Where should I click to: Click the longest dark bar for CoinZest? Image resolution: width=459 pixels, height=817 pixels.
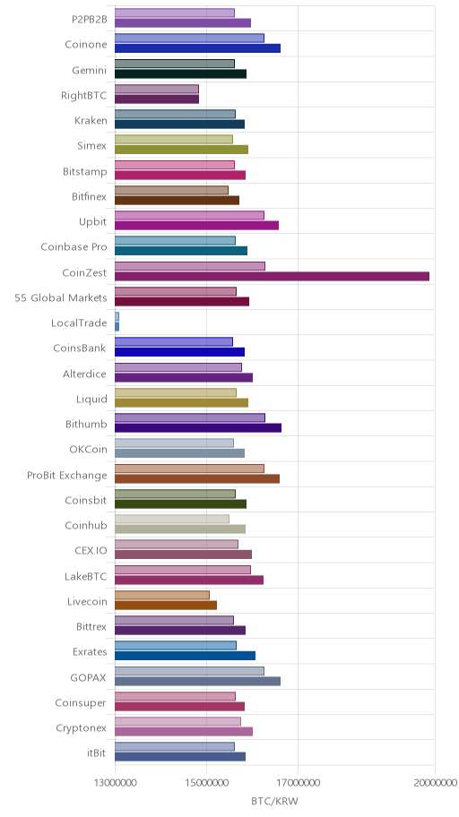[272, 276]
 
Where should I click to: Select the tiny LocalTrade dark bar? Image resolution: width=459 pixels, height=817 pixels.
[117, 327]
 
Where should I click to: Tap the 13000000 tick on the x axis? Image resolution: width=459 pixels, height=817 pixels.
[115, 782]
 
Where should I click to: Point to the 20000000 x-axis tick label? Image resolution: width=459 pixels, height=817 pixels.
[435, 782]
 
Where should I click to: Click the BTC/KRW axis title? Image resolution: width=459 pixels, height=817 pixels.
[275, 801]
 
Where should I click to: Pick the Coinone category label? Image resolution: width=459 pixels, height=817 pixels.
[85, 44]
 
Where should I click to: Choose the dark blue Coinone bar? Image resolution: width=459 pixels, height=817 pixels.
[198, 48]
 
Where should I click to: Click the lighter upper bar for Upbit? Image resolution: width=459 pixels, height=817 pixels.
[189, 215]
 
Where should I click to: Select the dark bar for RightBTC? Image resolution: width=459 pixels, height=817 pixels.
[157, 99]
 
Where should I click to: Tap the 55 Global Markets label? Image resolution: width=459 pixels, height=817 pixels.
[60, 298]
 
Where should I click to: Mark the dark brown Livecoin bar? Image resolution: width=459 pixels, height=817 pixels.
[165, 605]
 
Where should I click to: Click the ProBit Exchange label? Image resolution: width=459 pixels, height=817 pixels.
[66, 475]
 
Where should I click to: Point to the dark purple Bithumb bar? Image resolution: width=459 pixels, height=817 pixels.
[198, 428]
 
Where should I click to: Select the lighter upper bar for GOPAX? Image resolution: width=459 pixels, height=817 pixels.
[189, 671]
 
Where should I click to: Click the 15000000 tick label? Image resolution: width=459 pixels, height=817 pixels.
[206, 782]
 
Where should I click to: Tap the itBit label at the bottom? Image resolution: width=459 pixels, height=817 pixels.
[97, 752]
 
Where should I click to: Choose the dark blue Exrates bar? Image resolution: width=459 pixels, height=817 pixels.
[186, 656]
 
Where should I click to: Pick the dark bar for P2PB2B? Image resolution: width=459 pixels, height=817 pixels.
[183, 22]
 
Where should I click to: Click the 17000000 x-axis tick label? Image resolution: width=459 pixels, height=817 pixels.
[298, 782]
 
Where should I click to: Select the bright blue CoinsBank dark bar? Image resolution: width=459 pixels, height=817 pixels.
[179, 352]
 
